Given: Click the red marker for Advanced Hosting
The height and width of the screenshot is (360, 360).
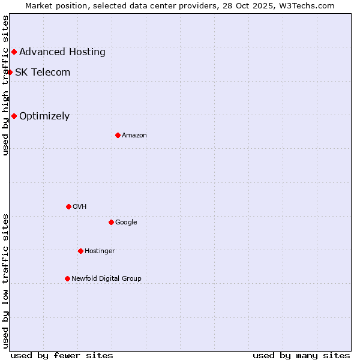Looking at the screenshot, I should click(x=14, y=52).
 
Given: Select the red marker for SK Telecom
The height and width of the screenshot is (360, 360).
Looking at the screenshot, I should click(x=10, y=73).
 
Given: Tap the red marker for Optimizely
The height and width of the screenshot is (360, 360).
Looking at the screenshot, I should click(x=14, y=116).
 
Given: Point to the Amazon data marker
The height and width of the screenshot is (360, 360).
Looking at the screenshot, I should click(x=118, y=136).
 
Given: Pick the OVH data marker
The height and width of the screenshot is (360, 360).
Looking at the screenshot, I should click(x=68, y=207).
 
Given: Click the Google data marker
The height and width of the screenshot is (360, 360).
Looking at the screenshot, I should click(x=111, y=223).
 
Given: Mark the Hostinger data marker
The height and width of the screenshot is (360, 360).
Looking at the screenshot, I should click(x=80, y=251).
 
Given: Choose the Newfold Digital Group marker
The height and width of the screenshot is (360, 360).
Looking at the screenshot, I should click(x=67, y=279).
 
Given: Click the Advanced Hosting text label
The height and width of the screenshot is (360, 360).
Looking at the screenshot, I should click(x=62, y=52).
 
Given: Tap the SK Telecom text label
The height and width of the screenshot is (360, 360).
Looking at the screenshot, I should click(x=43, y=73).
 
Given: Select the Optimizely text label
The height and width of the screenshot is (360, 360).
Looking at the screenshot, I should click(x=44, y=116).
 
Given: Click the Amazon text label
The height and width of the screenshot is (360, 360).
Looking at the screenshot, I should click(x=134, y=136).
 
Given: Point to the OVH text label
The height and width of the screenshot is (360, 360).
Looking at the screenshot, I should click(x=80, y=207).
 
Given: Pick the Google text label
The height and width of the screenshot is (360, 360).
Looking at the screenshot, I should click(x=126, y=223).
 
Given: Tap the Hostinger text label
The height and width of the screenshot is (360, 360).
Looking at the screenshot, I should click(x=100, y=251).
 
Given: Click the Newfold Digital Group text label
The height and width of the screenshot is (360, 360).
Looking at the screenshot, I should click(x=106, y=279).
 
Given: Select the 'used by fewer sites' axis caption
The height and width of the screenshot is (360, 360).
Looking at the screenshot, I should click(x=62, y=355).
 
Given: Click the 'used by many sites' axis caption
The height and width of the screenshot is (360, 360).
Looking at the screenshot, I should click(x=301, y=355).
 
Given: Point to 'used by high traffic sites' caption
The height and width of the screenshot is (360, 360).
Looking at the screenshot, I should click(x=6, y=85).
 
